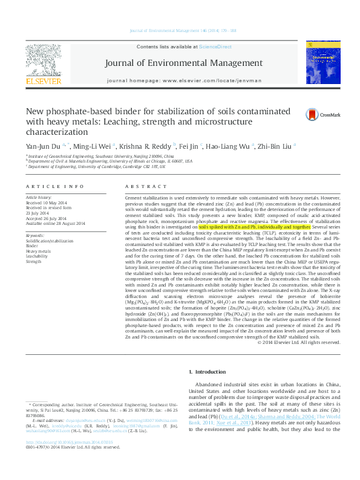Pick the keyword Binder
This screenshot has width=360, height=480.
(x=32, y=245)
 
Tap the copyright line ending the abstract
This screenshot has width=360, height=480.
(x=299, y=342)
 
